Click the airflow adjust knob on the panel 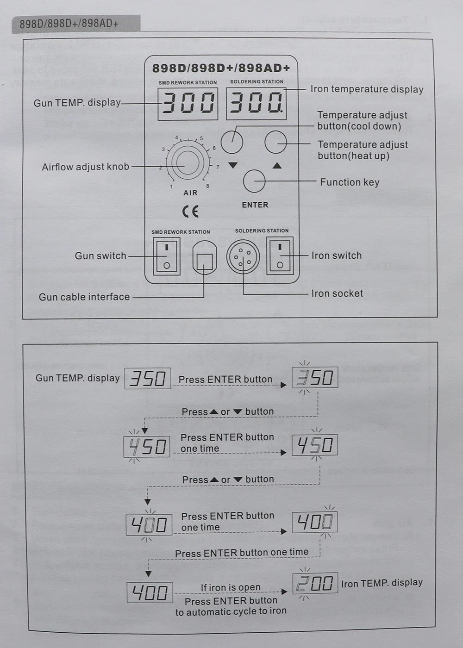pos(188,162)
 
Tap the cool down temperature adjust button pos(232,142)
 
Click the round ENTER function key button pos(254,181)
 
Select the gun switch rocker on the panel pos(167,256)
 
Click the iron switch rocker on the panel pos(280,255)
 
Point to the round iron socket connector pos(243,257)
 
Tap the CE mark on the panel pos(190,212)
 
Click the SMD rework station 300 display pos(188,104)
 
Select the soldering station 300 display pos(256,103)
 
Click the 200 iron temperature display pos(315,583)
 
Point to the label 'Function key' pos(350,182)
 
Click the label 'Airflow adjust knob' pos(85,167)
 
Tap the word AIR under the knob pos(190,193)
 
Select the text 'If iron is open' pos(230,587)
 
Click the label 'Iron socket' pos(337,293)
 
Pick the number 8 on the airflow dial pos(207,186)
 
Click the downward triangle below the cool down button pos(233,165)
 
